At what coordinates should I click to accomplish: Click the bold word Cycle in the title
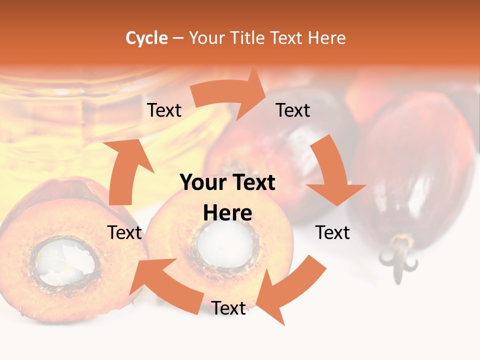(x=146, y=38)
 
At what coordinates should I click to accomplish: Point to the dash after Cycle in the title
(x=178, y=38)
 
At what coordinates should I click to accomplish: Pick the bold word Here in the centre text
(x=227, y=213)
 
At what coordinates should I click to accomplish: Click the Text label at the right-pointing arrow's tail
(x=164, y=110)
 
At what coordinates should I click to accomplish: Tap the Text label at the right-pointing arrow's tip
(x=293, y=110)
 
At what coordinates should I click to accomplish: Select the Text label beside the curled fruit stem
(x=332, y=232)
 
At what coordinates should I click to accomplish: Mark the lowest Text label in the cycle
(x=228, y=308)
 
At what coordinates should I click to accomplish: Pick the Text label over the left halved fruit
(x=124, y=232)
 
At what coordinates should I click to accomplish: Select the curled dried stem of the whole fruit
(x=398, y=257)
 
